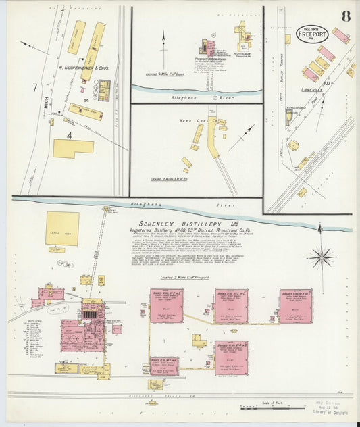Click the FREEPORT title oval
pyautogui.click(x=312, y=34)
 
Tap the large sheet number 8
pyautogui.click(x=345, y=16)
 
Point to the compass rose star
pyautogui.click(x=322, y=257)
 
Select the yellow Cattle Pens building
pyautogui.click(x=62, y=228)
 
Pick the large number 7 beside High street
pyautogui.click(x=34, y=88)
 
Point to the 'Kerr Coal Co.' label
pyautogui.click(x=202, y=121)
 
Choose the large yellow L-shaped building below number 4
pyautogui.click(x=72, y=148)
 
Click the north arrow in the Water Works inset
pyautogui.click(x=163, y=41)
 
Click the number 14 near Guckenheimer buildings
pyautogui.click(x=86, y=100)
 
